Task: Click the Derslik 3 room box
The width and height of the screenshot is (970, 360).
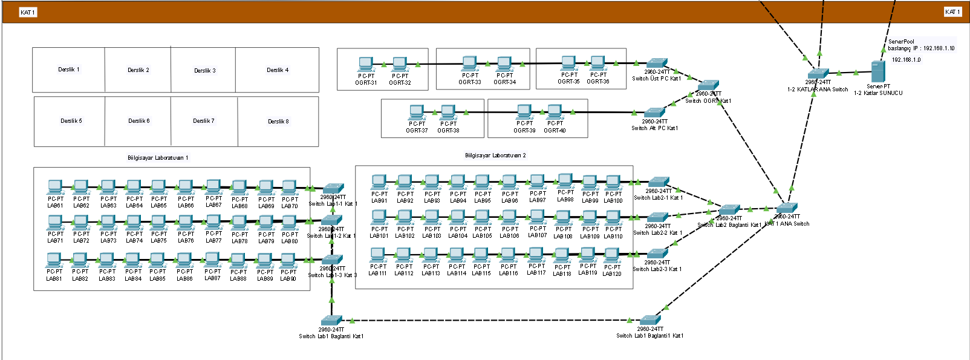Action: point(204,70)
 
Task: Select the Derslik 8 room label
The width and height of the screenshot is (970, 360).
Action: point(278,121)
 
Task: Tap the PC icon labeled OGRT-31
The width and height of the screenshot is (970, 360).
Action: point(365,64)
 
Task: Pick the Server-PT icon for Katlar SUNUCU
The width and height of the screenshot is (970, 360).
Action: point(877,72)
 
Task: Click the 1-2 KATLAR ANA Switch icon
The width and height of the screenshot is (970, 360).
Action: point(818,74)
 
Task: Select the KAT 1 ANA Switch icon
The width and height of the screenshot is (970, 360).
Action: point(787,208)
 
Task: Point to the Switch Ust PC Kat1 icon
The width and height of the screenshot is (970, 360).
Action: point(656,64)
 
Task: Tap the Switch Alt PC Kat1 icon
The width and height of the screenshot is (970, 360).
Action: point(654,113)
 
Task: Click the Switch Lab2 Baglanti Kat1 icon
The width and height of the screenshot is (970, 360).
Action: point(729,210)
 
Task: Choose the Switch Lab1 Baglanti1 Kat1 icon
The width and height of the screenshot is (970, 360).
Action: point(650,321)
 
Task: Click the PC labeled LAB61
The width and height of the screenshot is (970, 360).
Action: point(55,188)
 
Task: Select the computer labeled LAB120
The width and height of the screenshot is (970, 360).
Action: point(613,256)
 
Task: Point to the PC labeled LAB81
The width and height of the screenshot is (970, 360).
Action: point(54,261)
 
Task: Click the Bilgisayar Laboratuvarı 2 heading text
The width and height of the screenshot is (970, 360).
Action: point(495,155)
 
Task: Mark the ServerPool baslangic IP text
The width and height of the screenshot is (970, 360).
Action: point(920,45)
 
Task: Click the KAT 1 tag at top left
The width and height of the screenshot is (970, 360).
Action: point(28,12)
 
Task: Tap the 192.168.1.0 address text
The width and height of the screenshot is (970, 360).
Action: point(906,60)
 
